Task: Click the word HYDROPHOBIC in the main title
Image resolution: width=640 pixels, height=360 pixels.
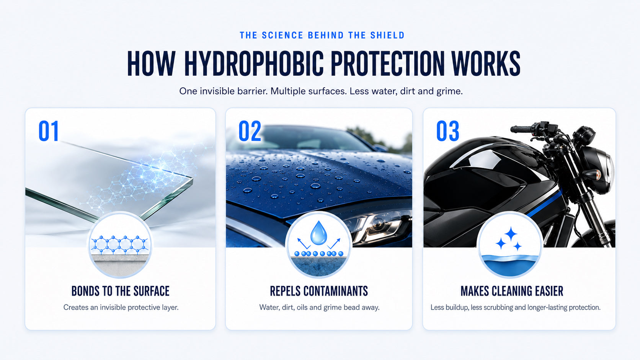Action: click(x=254, y=64)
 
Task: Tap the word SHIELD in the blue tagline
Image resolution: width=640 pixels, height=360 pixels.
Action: click(x=387, y=36)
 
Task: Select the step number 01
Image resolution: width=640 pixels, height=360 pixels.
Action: click(x=49, y=131)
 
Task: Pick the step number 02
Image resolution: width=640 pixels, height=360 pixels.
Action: click(x=250, y=131)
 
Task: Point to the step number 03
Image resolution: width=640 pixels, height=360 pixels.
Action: click(x=448, y=131)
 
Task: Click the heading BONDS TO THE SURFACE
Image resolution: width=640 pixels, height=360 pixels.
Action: click(x=120, y=291)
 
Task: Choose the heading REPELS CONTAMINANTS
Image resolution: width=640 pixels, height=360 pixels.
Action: click(x=319, y=291)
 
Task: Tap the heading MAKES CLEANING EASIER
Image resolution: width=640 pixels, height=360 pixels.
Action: click(x=512, y=291)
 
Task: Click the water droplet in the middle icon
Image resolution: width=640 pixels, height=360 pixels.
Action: click(x=318, y=233)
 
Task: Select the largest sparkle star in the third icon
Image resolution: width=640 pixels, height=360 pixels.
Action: click(x=511, y=234)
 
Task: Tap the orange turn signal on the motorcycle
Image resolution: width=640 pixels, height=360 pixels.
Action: click(x=598, y=174)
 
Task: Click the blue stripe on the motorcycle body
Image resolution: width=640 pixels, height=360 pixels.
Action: click(x=544, y=203)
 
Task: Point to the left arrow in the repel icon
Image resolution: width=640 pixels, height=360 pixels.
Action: click(x=304, y=244)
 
